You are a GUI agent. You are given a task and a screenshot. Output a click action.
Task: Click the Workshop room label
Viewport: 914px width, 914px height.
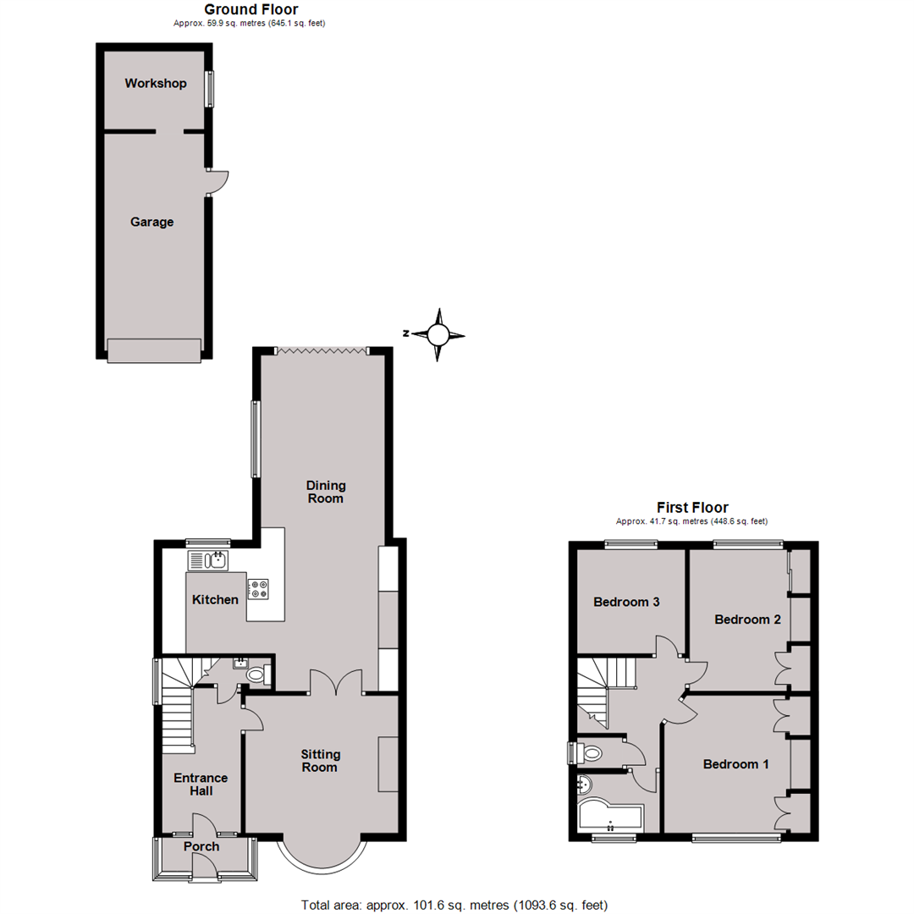155,83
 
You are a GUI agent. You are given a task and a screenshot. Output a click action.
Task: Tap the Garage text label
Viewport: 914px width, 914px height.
151,222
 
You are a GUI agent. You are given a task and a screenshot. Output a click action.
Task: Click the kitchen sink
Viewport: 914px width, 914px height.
207,559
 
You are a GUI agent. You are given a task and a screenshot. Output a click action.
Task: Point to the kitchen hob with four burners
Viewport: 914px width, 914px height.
259,588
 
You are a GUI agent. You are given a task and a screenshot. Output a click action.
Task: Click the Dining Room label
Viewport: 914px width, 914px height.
326,492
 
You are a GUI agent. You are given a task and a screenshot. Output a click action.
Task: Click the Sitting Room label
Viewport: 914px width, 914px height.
320,760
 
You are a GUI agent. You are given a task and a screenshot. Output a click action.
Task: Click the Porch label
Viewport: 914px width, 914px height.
201,846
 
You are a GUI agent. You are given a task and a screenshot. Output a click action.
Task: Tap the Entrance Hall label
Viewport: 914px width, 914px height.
201,784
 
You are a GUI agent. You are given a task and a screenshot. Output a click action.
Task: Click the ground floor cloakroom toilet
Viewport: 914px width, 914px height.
256,674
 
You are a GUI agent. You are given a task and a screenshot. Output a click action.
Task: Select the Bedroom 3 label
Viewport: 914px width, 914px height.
626,603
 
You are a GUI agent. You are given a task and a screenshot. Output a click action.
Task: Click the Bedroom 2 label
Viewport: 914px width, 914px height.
747,619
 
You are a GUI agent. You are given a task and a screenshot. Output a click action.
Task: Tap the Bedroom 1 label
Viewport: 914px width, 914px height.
736,764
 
